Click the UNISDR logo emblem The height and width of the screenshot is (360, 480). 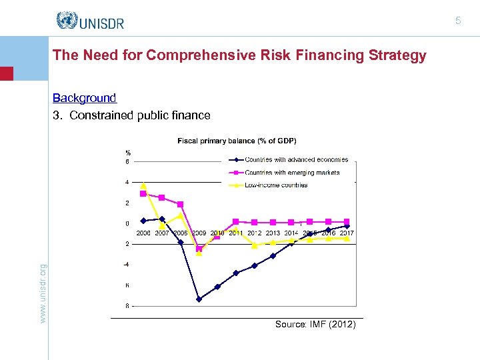(67, 21)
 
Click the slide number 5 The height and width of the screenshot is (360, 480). (458, 21)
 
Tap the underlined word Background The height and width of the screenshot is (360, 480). (85, 98)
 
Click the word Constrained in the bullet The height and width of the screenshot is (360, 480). (101, 115)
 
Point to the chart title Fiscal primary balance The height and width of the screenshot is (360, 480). (237, 141)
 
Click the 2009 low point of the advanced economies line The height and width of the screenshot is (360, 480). (199, 299)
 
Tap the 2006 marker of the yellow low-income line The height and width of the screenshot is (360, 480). (143, 185)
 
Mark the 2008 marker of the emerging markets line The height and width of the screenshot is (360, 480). (180, 204)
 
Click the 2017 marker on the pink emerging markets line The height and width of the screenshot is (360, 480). (347, 221)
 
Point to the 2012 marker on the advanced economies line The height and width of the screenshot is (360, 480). (254, 266)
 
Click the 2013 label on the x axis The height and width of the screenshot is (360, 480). (273, 233)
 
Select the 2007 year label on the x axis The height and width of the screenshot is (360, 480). (162, 233)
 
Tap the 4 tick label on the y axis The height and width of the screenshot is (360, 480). (127, 182)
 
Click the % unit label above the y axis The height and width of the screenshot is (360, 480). (128, 153)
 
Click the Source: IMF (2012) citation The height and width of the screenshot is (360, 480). (315, 325)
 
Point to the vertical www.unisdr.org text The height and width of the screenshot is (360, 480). (43, 294)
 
